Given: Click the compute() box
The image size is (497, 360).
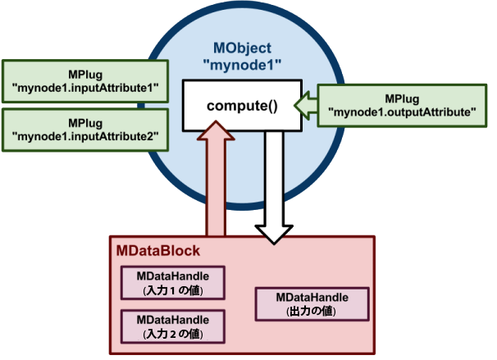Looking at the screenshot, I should pyautogui.click(x=242, y=105).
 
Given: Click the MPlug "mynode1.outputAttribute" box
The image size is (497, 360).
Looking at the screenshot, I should pyautogui.click(x=400, y=104).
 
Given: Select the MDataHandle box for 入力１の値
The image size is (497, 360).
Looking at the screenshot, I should pyautogui.click(x=172, y=283).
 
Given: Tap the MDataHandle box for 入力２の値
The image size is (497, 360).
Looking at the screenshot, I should pyautogui.click(x=172, y=326).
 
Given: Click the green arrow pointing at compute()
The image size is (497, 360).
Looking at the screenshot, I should pyautogui.click(x=303, y=104).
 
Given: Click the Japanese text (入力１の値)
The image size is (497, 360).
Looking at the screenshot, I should pyautogui.click(x=172, y=290).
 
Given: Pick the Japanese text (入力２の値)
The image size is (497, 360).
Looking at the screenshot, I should pyautogui.click(x=172, y=334).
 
